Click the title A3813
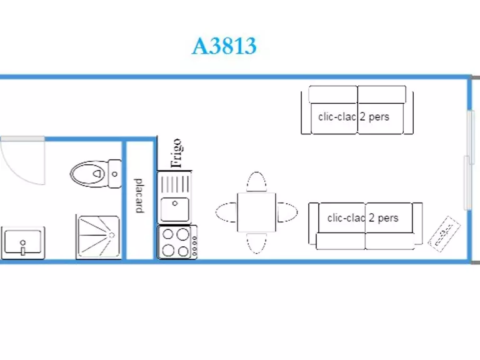point(224,46)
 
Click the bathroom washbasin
point(22,242)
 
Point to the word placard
point(139,196)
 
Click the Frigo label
point(177,154)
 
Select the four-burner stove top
point(174,242)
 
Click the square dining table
point(256,212)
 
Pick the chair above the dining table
point(256,182)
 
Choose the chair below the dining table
point(256,242)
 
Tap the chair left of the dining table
point(226,212)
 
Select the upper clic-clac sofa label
point(354,116)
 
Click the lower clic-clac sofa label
point(362,218)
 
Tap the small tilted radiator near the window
point(444,234)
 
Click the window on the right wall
point(467,159)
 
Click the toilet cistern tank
point(114,173)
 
